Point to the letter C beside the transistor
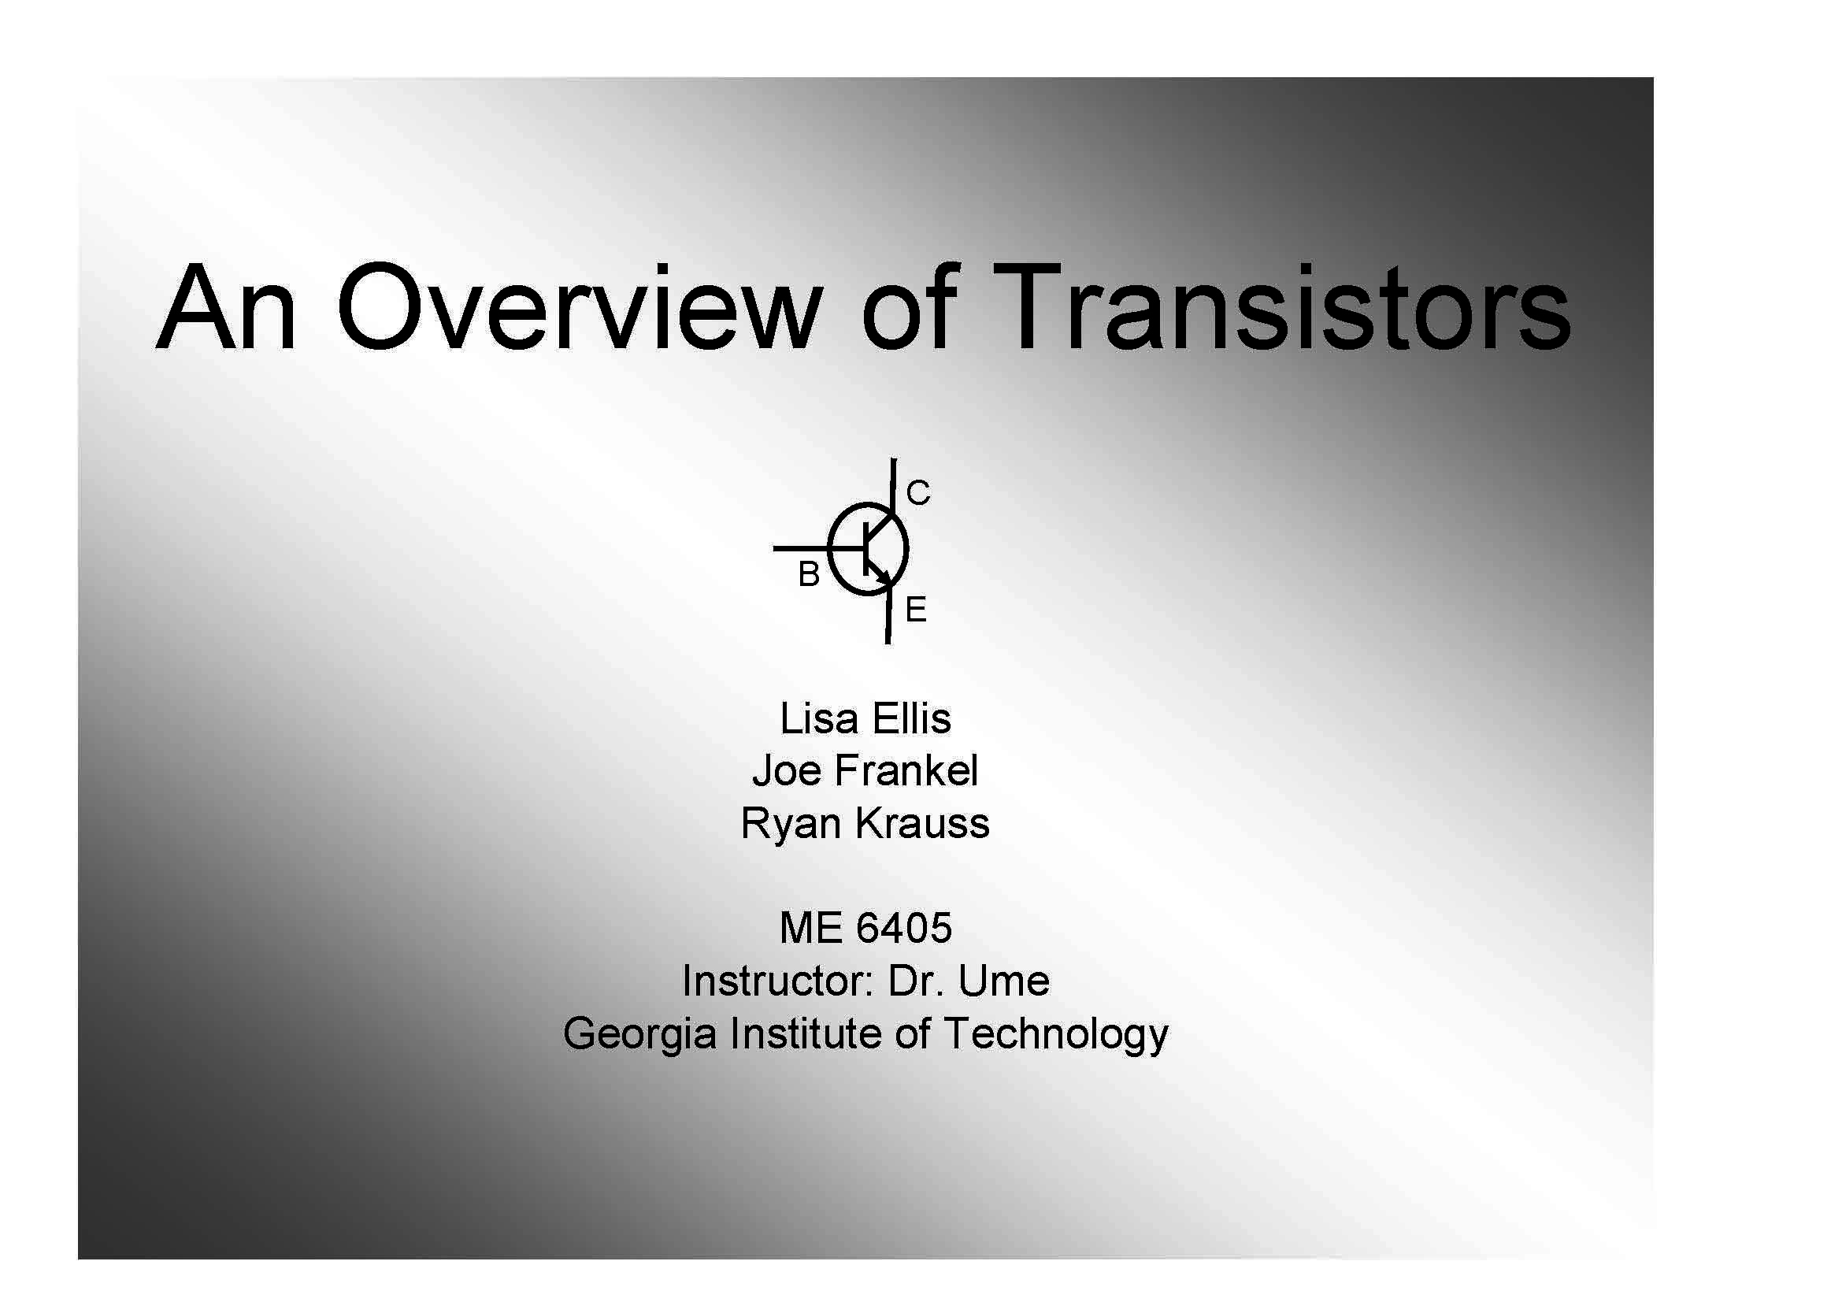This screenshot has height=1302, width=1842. click(x=917, y=492)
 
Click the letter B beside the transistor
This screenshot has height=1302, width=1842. click(x=809, y=574)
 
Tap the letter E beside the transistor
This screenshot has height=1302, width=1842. click(x=915, y=610)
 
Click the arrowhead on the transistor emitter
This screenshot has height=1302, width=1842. click(x=884, y=575)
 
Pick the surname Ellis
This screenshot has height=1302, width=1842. click(x=911, y=719)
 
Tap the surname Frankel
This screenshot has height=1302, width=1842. click(x=906, y=771)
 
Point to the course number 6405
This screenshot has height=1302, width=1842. click(x=904, y=928)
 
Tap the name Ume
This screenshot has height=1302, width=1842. click(x=1003, y=981)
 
